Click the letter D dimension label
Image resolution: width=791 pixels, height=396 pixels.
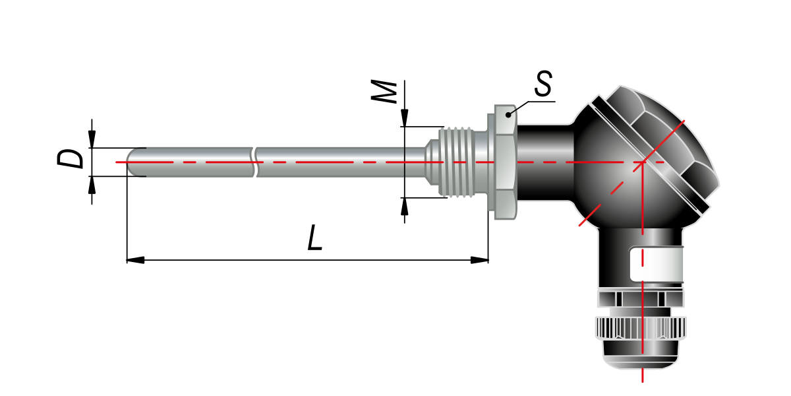(71, 159)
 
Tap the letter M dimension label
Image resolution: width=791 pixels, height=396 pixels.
(384, 92)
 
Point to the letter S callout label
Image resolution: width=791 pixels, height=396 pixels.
(543, 83)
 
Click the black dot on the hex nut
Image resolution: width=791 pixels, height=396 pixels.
(508, 115)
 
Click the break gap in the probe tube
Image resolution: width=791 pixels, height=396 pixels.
(254, 162)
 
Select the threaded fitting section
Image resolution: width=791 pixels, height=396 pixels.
(456, 162)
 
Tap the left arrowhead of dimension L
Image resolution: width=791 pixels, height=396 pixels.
(135, 260)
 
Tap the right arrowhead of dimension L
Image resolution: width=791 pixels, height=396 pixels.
(480, 260)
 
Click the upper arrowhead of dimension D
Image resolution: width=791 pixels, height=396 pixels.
(92, 139)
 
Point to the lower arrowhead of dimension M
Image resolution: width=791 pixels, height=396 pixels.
(405, 207)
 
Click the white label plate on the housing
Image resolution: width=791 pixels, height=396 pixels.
(656, 265)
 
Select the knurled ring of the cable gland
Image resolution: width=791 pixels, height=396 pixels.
(641, 328)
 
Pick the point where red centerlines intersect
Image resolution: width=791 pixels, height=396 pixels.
(643, 162)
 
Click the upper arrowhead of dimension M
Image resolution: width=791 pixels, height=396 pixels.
(405, 117)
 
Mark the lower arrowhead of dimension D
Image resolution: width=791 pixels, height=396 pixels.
(92, 185)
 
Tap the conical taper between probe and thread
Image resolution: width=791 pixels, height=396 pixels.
(432, 162)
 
